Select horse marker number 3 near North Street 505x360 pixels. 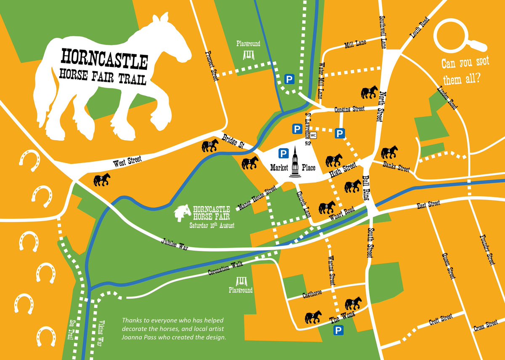pos(369,92)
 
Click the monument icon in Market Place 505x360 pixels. pos(295,164)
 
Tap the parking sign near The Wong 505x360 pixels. pos(338,331)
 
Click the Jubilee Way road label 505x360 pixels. pos(174,245)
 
